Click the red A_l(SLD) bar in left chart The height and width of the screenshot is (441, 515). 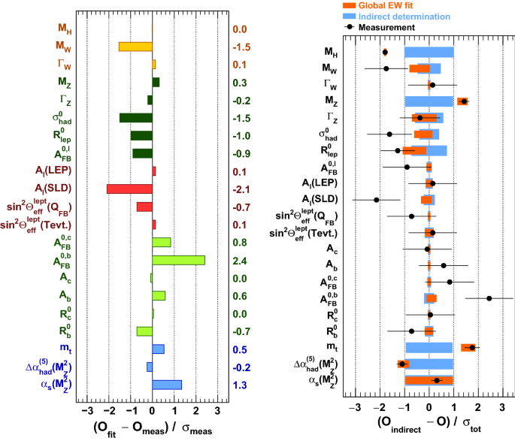pos(129,188)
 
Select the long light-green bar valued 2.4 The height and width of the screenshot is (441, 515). pos(178,260)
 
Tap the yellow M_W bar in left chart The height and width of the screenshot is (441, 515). pos(135,47)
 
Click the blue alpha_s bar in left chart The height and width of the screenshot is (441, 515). pos(167,385)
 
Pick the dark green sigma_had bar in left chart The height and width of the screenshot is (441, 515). pos(135,117)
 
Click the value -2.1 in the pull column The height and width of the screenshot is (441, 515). pos(240,188)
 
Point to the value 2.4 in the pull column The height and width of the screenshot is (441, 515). pos(240,260)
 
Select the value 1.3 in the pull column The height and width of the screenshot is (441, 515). pos(240,385)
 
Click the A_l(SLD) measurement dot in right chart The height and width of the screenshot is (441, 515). pos(377,200)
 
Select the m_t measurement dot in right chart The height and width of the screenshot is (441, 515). pos(472,347)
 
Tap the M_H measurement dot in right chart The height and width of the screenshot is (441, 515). pos(385,52)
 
